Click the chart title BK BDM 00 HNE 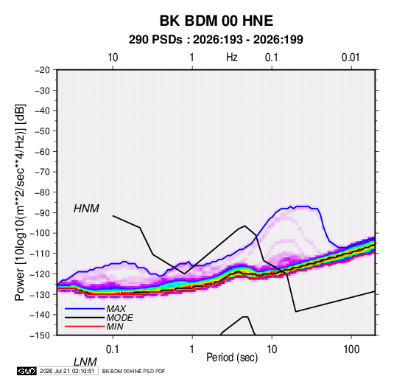point(216,21)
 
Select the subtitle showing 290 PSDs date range point(216,40)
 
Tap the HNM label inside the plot point(86,209)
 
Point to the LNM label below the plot point(85,362)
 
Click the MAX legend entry point(116,308)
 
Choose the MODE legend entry point(119,318)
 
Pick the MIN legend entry point(115,327)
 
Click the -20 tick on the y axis point(42,70)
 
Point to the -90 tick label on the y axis point(42,212)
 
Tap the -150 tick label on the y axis point(40,335)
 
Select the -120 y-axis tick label point(40,274)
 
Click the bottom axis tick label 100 point(351,349)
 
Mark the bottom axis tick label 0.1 point(113,349)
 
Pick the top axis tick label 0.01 point(351,58)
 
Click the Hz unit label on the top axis point(232,58)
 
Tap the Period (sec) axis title point(232,358)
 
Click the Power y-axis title point(20,203)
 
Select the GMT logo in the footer point(27,371)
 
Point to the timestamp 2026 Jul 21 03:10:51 point(67,371)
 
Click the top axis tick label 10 point(113,58)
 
